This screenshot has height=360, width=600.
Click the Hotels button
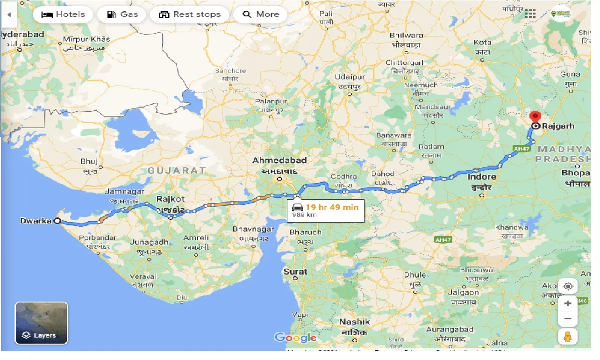[63, 14]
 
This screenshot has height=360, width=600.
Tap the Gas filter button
[122, 14]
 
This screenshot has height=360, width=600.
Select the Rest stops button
[189, 14]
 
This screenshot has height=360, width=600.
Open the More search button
[260, 14]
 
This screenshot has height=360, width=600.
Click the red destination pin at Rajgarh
[535, 117]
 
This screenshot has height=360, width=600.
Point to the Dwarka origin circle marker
[57, 221]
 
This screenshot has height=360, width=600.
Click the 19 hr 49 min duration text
[332, 207]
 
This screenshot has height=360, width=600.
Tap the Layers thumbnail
[42, 323]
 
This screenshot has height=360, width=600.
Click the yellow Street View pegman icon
[568, 337]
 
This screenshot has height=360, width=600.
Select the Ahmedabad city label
[279, 160]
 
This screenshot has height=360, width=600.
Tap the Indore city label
[482, 177]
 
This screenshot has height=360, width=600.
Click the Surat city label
[295, 272]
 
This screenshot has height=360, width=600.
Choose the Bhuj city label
[88, 161]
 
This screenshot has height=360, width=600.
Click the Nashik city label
[355, 322]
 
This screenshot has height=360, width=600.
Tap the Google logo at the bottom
[295, 338]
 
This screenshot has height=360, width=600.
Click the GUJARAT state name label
[177, 171]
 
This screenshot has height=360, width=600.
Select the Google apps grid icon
[530, 14]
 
